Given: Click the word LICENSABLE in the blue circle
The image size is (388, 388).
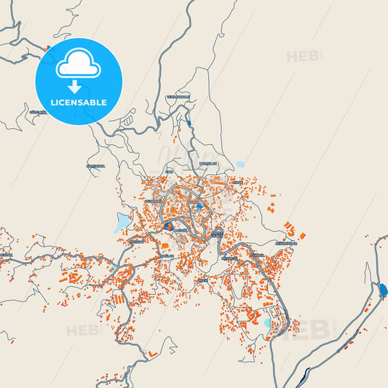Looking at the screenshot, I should click(x=79, y=103).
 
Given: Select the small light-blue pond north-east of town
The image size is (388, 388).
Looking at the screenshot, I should click(x=240, y=165).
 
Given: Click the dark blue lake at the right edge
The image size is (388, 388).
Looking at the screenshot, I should click(x=383, y=292).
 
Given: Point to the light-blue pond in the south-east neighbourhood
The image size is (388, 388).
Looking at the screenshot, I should click(x=266, y=322).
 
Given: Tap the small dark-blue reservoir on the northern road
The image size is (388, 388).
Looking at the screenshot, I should click(x=189, y=123).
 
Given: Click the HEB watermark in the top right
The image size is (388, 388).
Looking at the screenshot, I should click(x=304, y=56).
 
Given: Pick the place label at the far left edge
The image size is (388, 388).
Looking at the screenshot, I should click(x=5, y=256).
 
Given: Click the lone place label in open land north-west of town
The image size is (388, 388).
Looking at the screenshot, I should click(x=96, y=166).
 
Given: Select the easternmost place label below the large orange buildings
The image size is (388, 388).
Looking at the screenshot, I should click(x=286, y=242).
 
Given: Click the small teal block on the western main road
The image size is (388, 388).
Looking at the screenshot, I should click(x=111, y=269).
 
